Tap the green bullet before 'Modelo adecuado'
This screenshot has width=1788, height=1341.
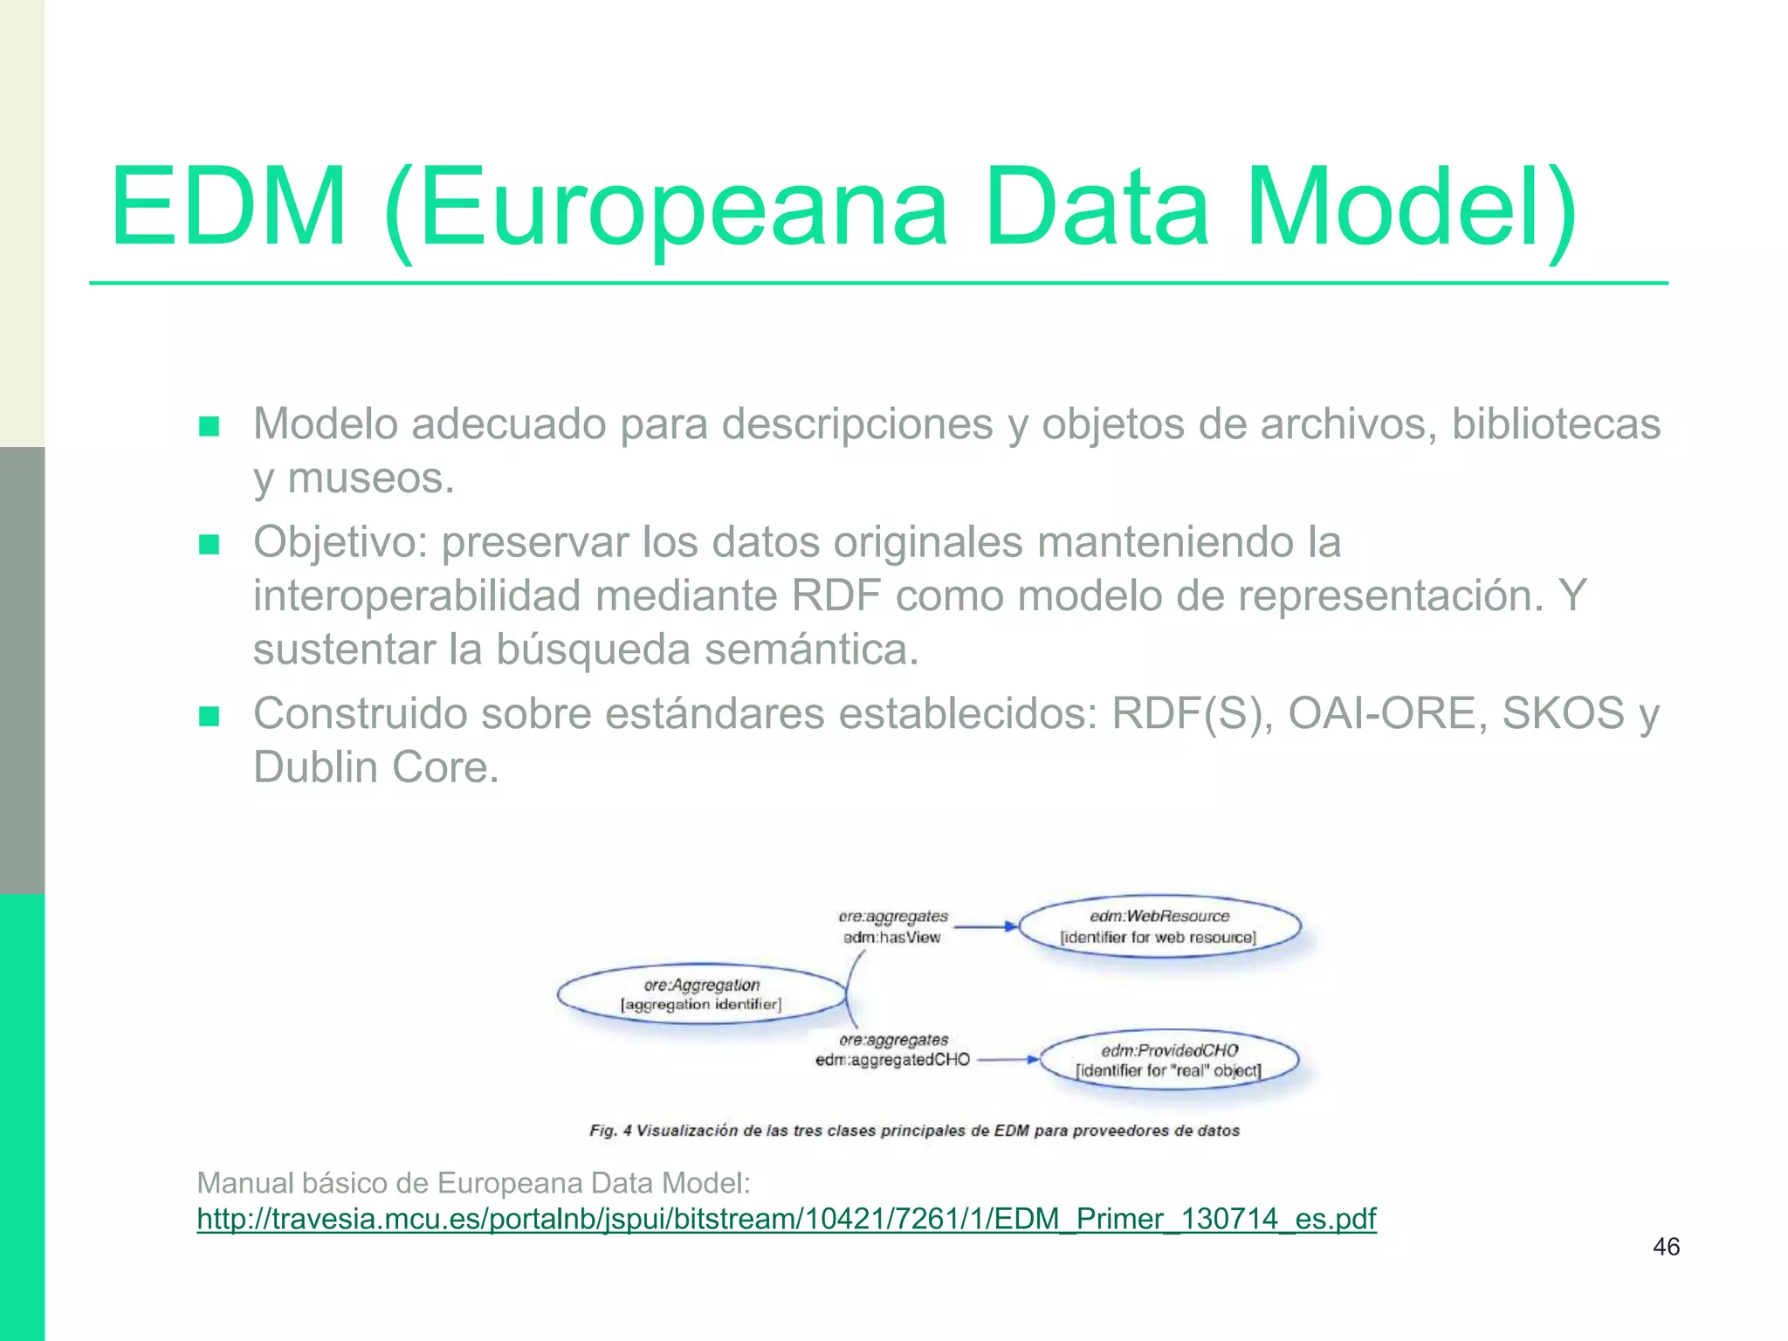click(x=209, y=426)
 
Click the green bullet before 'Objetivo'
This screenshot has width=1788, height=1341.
click(x=209, y=545)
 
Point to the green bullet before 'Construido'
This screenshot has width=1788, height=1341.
click(x=209, y=717)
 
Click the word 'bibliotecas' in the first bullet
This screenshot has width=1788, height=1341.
click(x=1556, y=424)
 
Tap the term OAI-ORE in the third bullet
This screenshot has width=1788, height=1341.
click(x=1387, y=714)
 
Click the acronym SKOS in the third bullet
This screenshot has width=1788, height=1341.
click(x=1563, y=714)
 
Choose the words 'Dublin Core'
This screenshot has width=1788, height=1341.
click(x=375, y=767)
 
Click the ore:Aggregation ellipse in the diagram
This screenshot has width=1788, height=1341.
click(x=702, y=994)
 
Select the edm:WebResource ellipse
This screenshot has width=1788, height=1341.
click(x=1159, y=926)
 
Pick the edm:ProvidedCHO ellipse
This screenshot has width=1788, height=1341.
click(x=1169, y=1060)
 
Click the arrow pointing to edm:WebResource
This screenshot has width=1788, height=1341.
click(x=985, y=926)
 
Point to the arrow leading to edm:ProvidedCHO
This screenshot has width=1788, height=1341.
click(x=1007, y=1060)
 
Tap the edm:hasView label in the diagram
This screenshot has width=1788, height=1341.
click(x=891, y=938)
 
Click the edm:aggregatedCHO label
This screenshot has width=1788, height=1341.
click(x=892, y=1060)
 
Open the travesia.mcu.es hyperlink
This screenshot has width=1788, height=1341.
click(x=786, y=1218)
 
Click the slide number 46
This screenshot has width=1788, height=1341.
click(x=1666, y=1247)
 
